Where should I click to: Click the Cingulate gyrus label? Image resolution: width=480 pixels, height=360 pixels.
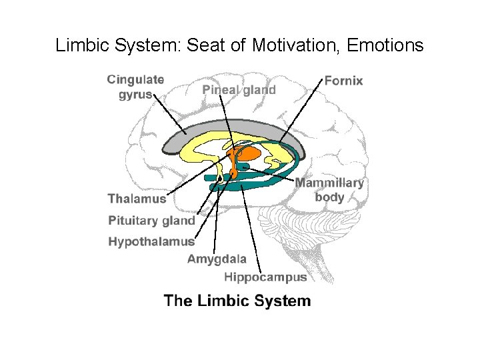click(x=135, y=87)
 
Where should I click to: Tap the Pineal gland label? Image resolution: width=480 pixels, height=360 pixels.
click(x=239, y=89)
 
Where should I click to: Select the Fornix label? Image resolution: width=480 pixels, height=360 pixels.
click(x=343, y=81)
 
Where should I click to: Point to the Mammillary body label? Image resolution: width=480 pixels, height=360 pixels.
click(x=329, y=189)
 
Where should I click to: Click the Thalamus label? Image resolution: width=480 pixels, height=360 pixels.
click(x=137, y=199)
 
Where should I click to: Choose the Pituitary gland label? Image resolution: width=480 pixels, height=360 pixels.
click(x=151, y=220)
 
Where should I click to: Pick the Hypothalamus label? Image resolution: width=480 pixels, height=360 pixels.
click(x=151, y=241)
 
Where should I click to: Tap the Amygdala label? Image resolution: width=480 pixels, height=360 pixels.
click(x=217, y=259)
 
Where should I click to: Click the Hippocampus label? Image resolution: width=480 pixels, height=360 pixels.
click(x=265, y=277)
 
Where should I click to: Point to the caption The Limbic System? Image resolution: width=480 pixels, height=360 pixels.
click(x=237, y=301)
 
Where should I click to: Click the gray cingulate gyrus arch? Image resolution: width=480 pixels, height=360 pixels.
click(x=200, y=130)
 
